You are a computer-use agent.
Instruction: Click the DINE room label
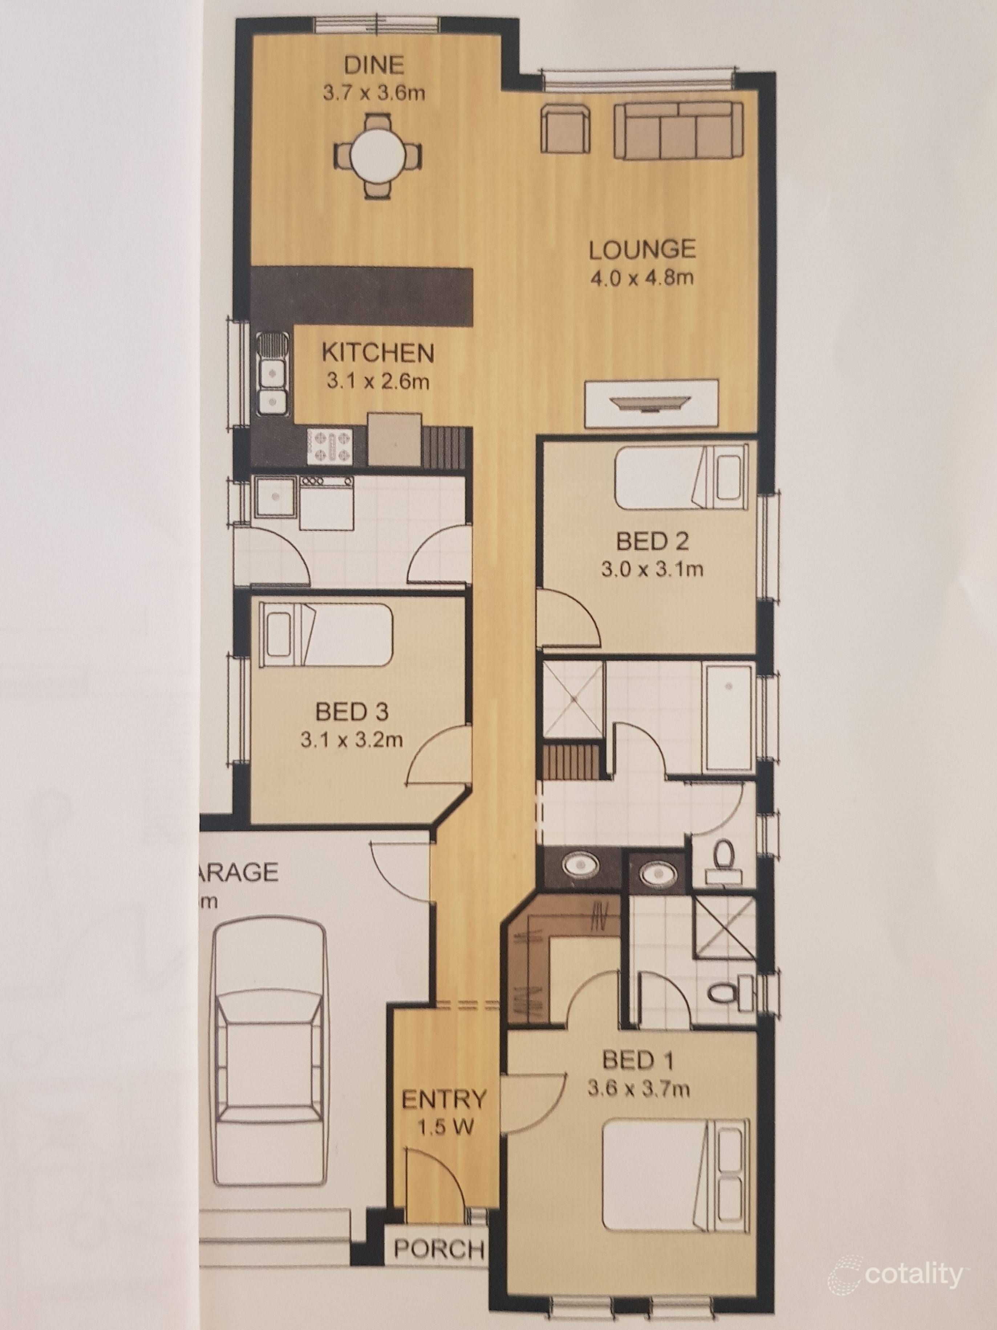pyautogui.click(x=373, y=64)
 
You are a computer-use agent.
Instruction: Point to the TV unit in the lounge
pyautogui.click(x=652, y=402)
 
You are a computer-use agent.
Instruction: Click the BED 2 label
pyautogui.click(x=652, y=542)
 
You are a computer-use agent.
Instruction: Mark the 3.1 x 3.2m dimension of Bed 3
pyautogui.click(x=352, y=739)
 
